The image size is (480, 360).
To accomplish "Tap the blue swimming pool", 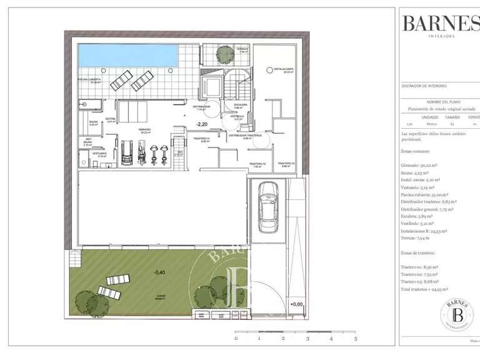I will point(124,55).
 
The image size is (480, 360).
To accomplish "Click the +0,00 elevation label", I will point(296,304).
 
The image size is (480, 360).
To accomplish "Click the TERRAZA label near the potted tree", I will point(242,48).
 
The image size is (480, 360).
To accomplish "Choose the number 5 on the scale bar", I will point(355,338).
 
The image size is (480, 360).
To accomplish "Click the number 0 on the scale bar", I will point(236,338).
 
